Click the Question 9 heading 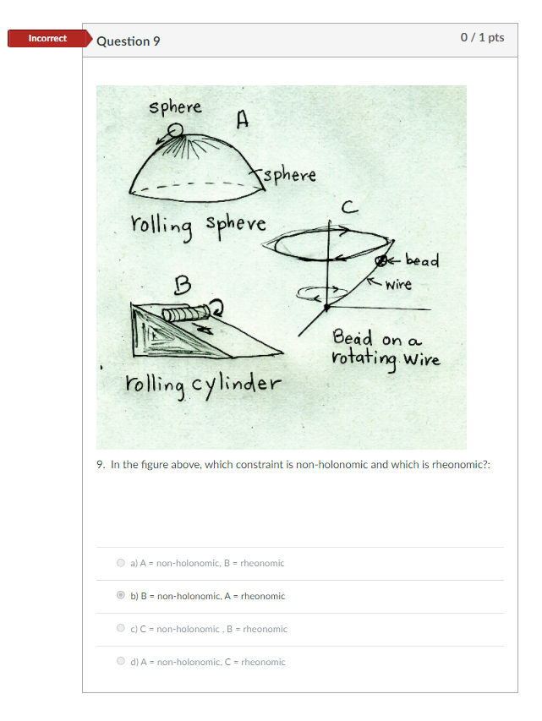point(129,41)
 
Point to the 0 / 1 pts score point(482,37)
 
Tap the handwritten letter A point(243,119)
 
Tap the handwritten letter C point(350,208)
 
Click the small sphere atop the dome point(175,130)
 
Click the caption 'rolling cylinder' point(203,385)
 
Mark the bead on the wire point(380,261)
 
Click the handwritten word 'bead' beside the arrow point(423,259)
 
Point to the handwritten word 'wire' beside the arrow point(398,285)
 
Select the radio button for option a point(121,563)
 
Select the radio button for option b point(121,595)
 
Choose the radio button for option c point(121,628)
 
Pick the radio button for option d point(121,661)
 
